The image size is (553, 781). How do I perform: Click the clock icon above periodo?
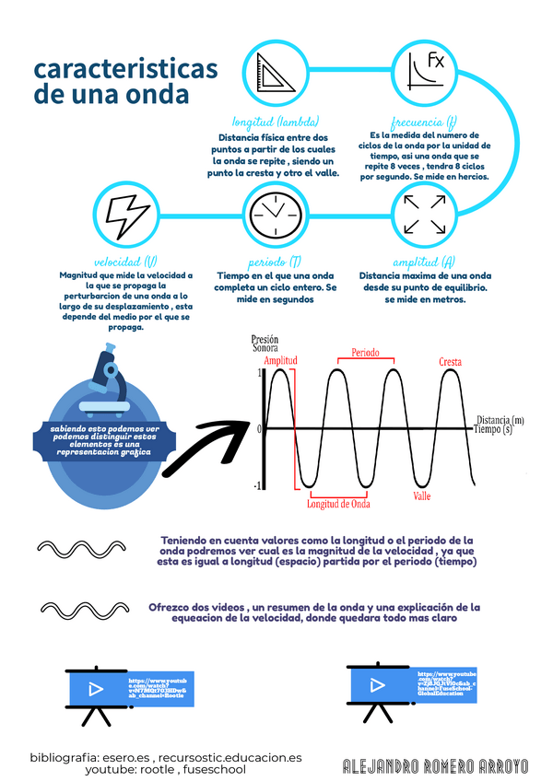pos(275,214)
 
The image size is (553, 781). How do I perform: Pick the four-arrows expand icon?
pos(426,214)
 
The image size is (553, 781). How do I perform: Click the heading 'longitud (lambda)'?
pos(276,122)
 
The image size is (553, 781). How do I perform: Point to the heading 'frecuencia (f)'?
pos(424,122)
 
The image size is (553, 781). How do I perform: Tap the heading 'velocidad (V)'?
pos(125,262)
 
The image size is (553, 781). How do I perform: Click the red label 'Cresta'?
pos(450,362)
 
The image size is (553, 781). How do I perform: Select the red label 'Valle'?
pos(422,495)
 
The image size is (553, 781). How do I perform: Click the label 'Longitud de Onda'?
pos(338,504)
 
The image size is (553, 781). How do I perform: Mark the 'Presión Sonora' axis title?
pos(265,344)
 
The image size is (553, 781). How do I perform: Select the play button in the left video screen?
pos(94,688)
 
